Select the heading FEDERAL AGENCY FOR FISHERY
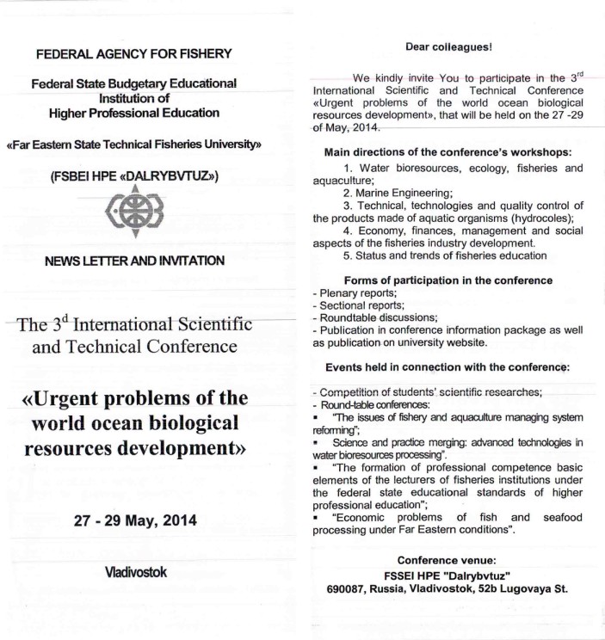pos(133,55)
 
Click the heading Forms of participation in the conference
pos(448,280)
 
